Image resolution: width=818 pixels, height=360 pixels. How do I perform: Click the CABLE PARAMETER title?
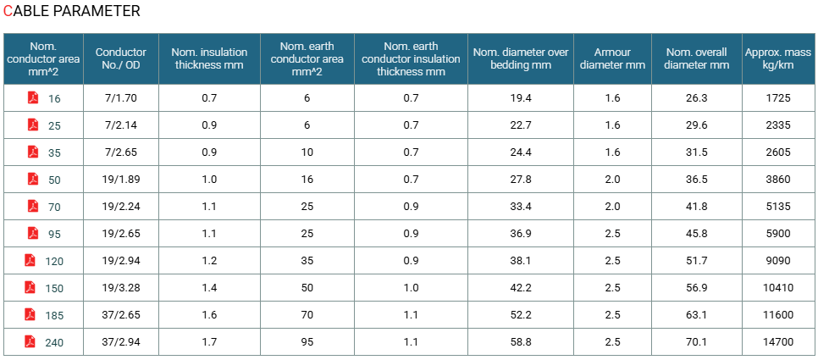(x=71, y=11)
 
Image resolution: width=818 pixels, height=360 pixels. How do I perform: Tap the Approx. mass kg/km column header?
(x=778, y=58)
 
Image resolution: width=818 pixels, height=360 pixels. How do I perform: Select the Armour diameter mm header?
(x=612, y=58)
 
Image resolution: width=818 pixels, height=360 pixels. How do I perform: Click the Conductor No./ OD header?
(x=121, y=58)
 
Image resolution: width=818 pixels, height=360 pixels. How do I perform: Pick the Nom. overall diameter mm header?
(x=696, y=58)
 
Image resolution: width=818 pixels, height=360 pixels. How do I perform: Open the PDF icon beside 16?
(x=33, y=97)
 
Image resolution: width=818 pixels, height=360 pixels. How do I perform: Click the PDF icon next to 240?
(x=30, y=341)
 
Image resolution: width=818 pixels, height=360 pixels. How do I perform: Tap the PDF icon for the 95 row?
(x=33, y=233)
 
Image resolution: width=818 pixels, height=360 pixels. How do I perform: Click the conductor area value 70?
(x=54, y=208)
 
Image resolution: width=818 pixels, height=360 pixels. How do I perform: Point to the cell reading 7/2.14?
(x=121, y=125)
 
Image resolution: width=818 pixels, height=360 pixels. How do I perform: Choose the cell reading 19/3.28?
(x=121, y=288)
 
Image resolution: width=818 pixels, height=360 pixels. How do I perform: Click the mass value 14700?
(x=778, y=342)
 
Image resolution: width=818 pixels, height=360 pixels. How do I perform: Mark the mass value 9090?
(x=778, y=261)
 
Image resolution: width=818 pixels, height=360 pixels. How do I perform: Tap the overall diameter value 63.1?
(x=696, y=315)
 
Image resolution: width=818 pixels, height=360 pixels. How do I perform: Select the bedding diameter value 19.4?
(x=521, y=98)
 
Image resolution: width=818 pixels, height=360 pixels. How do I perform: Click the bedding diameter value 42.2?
(x=521, y=288)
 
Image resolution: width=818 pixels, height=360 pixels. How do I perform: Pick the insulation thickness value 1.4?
(x=209, y=288)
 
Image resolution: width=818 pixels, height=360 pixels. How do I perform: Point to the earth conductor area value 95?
(x=307, y=342)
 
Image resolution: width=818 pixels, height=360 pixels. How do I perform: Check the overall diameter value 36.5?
(x=696, y=180)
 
